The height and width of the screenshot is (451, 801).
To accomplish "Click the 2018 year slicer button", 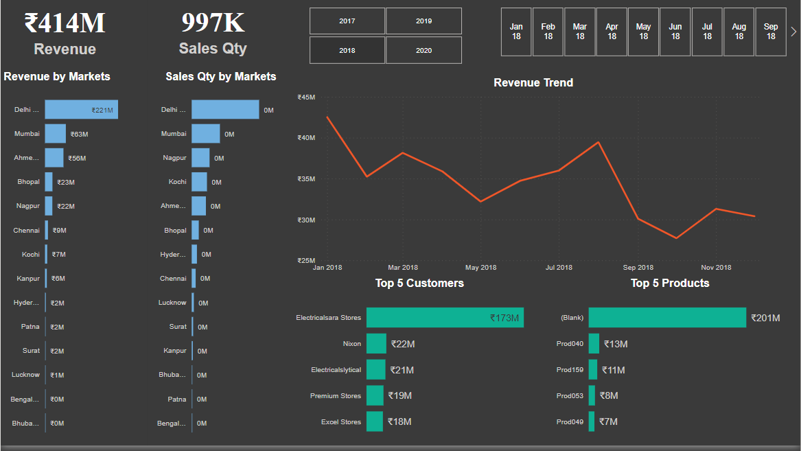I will [x=347, y=50].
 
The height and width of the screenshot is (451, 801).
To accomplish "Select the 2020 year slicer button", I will [x=423, y=50].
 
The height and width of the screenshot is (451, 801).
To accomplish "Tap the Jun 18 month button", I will [x=675, y=32].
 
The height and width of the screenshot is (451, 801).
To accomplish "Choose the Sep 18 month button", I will [x=771, y=32].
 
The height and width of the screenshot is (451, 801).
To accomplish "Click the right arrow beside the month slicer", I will [x=794, y=32].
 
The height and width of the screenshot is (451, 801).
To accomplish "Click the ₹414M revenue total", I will [x=65, y=24].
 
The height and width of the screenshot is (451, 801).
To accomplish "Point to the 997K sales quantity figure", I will [x=213, y=23].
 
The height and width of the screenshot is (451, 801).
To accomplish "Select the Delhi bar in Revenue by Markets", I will [x=81, y=110].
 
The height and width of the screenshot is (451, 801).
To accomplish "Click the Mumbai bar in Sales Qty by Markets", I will [x=205, y=134].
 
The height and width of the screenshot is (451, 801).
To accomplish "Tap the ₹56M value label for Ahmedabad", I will [x=77, y=159].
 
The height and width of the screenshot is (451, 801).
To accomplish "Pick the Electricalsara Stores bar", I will [x=445, y=318].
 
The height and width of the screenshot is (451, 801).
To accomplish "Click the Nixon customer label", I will [x=351, y=344].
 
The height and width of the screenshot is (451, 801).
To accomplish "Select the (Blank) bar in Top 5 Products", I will [x=666, y=318].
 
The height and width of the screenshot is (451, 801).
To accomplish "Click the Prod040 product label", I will [x=570, y=344].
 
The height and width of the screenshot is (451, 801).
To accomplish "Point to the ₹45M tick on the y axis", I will [x=306, y=97].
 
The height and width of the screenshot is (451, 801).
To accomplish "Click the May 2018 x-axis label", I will [x=480, y=268].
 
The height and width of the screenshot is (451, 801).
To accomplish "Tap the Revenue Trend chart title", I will [x=533, y=82].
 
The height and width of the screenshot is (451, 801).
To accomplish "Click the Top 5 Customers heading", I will [x=419, y=283].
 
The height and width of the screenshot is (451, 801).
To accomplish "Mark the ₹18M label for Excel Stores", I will [x=399, y=421].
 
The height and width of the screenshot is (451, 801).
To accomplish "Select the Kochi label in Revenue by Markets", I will [x=31, y=255].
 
